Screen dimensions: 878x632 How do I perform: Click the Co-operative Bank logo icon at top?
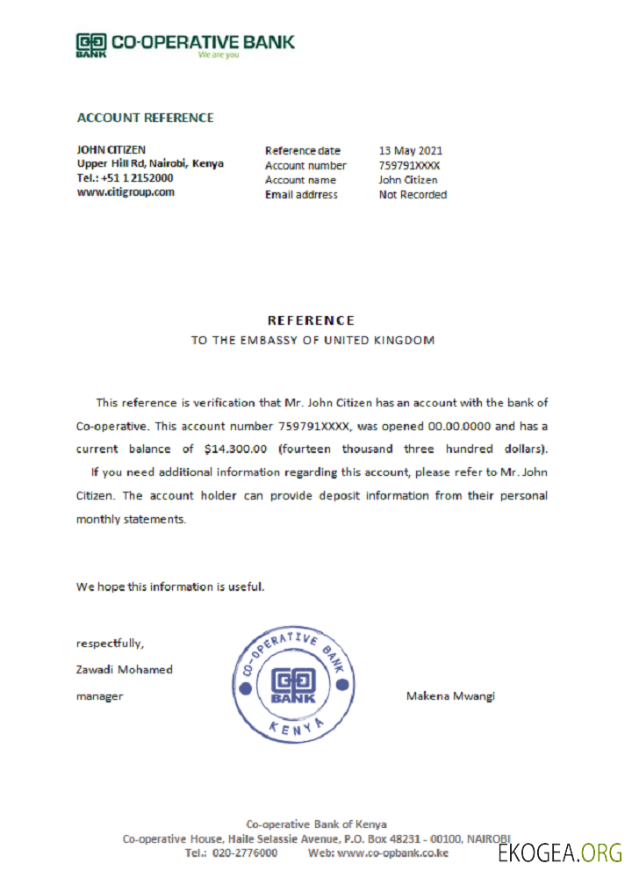click(91, 44)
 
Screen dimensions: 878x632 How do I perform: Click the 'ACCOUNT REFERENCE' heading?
click(145, 118)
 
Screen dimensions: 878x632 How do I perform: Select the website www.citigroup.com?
click(126, 191)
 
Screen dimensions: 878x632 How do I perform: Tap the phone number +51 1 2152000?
click(137, 177)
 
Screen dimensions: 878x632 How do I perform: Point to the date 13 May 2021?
click(411, 150)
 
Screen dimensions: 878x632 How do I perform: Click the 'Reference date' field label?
click(303, 150)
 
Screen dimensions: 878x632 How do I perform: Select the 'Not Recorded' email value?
click(413, 195)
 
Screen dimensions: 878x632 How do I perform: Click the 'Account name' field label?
click(300, 180)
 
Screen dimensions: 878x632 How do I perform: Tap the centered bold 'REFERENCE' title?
click(311, 320)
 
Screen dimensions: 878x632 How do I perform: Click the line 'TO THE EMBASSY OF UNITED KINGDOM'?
click(312, 340)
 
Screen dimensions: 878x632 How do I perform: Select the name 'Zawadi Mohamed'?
click(124, 669)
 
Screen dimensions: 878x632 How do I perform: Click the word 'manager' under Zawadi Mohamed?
click(99, 696)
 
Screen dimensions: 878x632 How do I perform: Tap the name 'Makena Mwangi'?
click(450, 696)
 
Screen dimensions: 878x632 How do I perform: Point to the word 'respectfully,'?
click(110, 643)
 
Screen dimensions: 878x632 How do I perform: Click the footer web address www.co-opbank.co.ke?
click(392, 853)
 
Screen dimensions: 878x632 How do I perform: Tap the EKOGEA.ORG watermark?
click(559, 853)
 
